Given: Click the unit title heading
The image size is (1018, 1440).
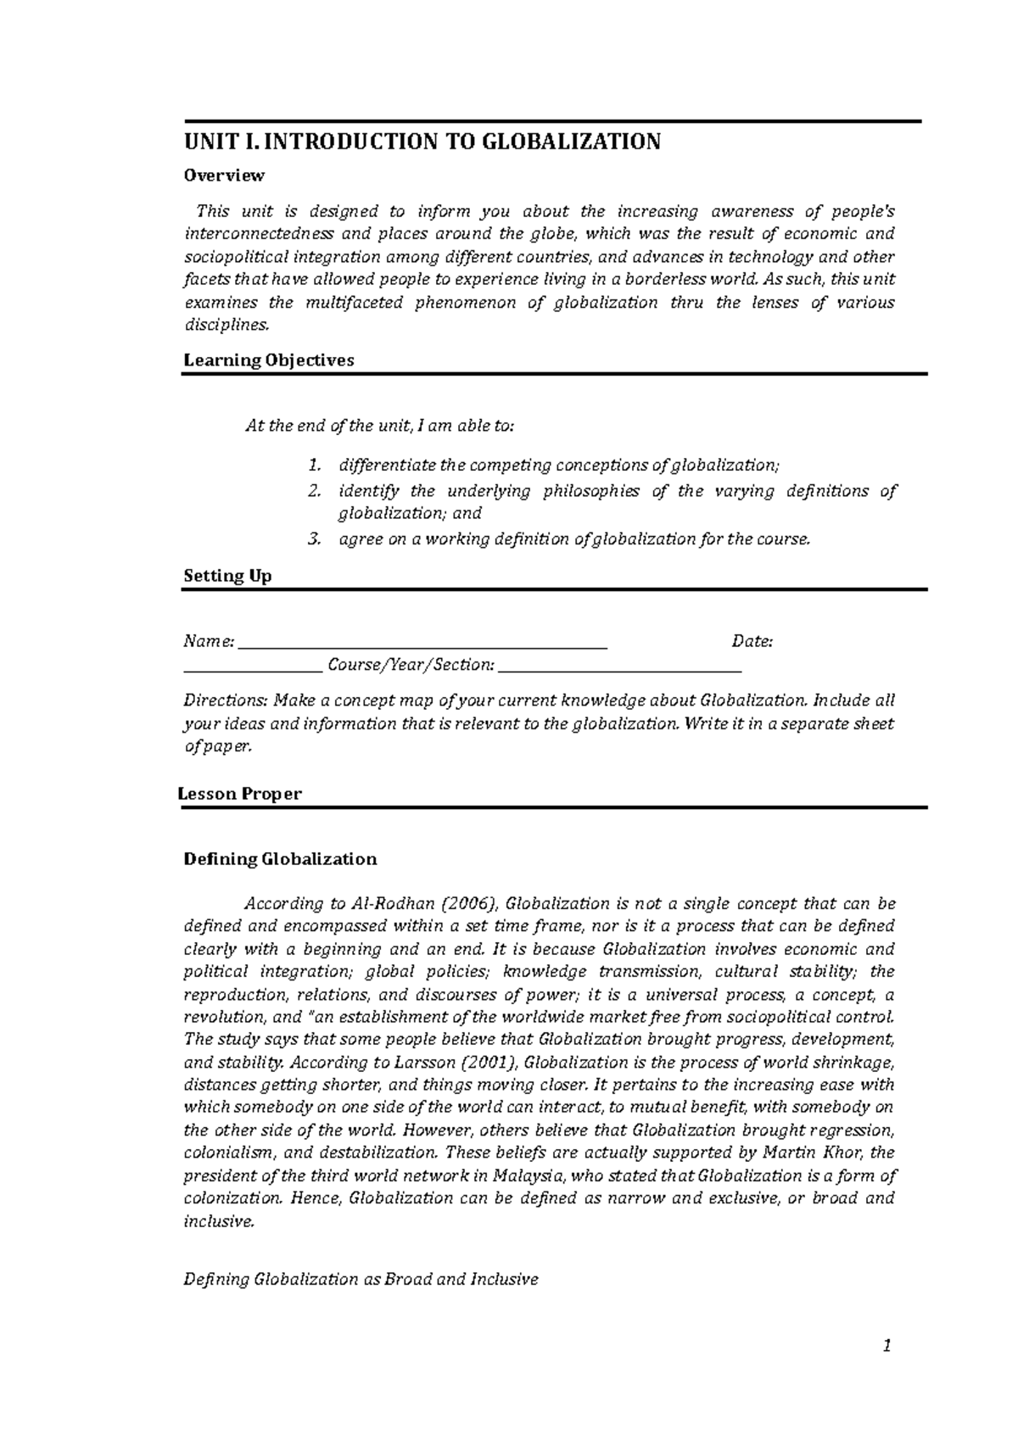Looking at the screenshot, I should (x=422, y=141).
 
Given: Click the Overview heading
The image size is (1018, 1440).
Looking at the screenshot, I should (x=224, y=176).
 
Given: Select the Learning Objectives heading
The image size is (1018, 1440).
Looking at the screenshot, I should (x=269, y=360).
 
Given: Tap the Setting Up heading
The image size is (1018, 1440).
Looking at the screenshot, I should (x=227, y=576).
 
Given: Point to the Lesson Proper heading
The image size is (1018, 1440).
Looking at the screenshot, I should (x=240, y=794).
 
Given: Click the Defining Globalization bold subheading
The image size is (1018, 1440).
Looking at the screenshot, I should (x=280, y=859).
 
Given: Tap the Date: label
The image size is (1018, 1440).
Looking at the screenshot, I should (x=752, y=642).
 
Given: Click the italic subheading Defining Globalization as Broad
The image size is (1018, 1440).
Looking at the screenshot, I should (x=361, y=1279).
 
